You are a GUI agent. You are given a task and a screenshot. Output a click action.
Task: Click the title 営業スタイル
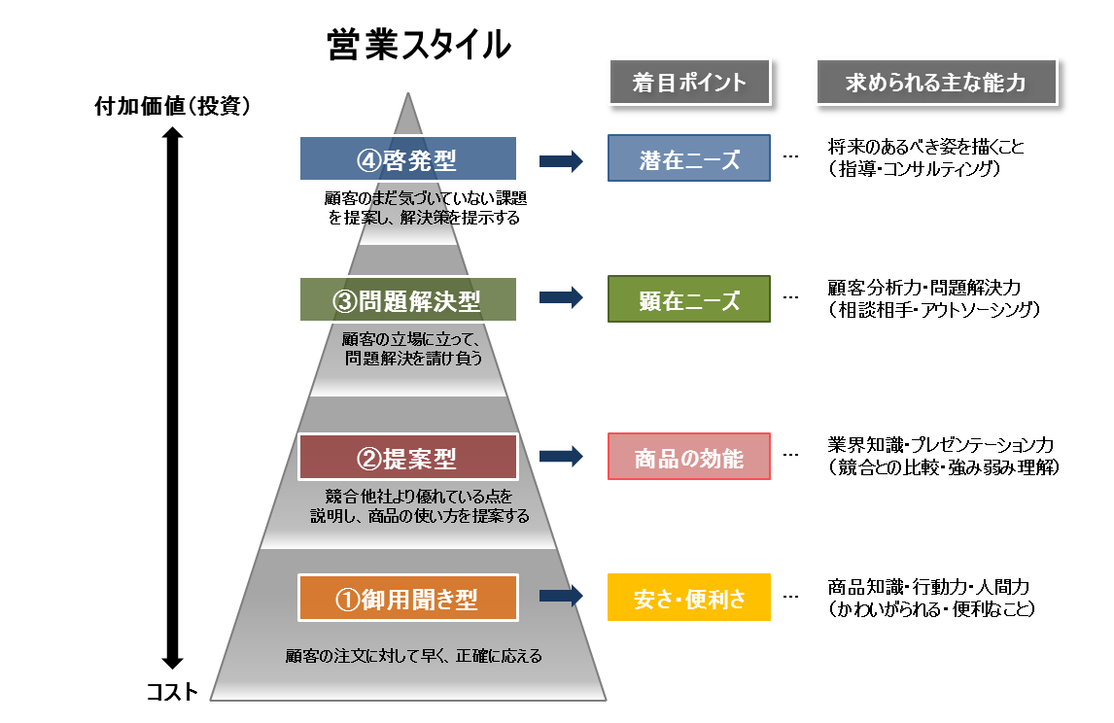point(419,46)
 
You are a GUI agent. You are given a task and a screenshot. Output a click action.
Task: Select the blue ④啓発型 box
point(407,158)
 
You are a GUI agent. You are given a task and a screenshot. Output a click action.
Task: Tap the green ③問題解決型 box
point(407,299)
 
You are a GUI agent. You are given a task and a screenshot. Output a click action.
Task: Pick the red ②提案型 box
point(407,457)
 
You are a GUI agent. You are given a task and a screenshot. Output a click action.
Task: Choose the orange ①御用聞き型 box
point(407,598)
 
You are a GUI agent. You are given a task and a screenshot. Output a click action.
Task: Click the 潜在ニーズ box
point(688,158)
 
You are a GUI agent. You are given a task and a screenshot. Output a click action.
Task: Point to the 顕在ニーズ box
point(688,299)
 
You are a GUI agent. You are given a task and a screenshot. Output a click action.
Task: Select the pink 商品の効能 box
point(688,457)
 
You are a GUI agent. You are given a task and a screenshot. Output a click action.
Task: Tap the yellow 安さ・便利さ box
point(688,598)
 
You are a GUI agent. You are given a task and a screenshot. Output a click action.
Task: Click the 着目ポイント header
point(688,83)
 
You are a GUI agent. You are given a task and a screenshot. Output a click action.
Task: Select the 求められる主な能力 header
point(935,83)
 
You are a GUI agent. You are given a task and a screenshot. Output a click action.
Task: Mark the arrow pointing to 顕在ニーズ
point(561,299)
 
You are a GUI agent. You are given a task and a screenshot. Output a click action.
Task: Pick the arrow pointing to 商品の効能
point(561,456)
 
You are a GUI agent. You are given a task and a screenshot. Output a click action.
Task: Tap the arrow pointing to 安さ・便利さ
point(561,597)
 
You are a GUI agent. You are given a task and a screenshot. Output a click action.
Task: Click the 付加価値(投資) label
point(172,105)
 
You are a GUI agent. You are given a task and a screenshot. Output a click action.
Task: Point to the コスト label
point(172,692)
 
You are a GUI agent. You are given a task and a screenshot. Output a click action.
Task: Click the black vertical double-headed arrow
point(172,398)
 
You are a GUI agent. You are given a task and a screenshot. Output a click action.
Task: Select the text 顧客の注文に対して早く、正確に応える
point(413,656)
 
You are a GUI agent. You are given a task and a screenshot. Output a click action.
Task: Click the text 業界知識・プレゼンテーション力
point(940,445)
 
